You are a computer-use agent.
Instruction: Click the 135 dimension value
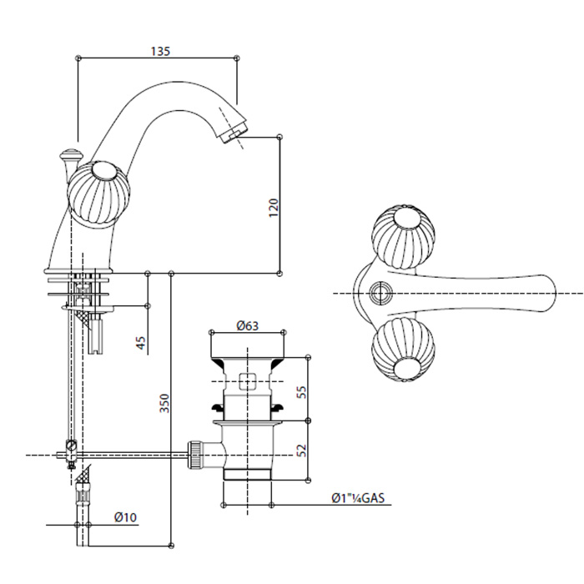pos(161,51)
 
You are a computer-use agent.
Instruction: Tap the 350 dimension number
pos(164,404)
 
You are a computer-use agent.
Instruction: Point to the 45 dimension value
pos(140,342)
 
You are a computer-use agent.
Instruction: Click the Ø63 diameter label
pos(245,326)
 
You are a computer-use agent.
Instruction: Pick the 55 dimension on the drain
pos(302,390)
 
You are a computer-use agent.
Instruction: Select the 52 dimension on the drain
pos(302,449)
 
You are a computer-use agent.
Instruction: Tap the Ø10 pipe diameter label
pos(125,517)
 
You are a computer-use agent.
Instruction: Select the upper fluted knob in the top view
pos(399,236)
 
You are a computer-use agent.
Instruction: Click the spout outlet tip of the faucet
pos(237,130)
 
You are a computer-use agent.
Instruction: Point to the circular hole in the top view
pos(382,293)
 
